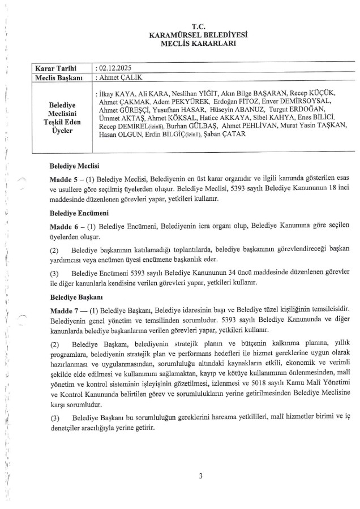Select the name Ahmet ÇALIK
(x=119, y=76)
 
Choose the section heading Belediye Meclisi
(x=75, y=166)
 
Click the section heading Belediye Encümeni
(x=78, y=213)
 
